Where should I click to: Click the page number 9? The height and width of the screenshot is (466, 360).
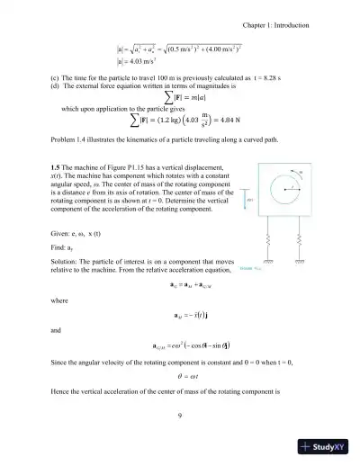(181, 415)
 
